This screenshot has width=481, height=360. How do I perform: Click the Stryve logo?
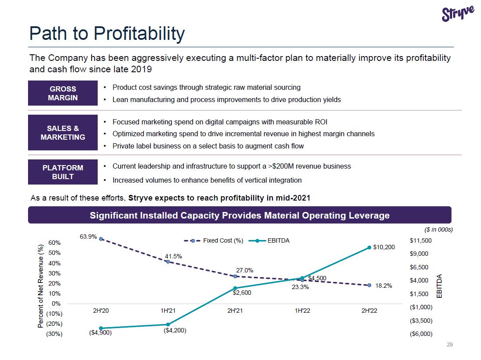click(x=458, y=14)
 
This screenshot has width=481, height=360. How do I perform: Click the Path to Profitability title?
click(x=107, y=34)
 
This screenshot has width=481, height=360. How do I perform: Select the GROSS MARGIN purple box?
click(x=63, y=93)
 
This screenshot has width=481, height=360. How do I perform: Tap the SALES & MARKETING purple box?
click(x=63, y=133)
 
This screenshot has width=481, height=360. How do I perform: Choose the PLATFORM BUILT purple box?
click(x=63, y=172)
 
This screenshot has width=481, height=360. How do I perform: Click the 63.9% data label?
click(x=88, y=236)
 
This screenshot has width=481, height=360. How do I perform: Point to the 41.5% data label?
click(x=173, y=256)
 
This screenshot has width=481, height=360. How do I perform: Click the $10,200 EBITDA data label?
click(x=384, y=247)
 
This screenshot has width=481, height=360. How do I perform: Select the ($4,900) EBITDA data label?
click(x=100, y=333)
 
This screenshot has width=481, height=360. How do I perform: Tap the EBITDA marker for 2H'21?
click(x=235, y=288)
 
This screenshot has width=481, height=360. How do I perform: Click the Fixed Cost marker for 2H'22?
click(x=369, y=285)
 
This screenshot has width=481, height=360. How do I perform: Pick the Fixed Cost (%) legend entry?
click(x=213, y=241)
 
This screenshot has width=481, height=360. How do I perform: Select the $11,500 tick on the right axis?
click(x=421, y=240)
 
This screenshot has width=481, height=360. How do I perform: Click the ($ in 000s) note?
click(x=439, y=229)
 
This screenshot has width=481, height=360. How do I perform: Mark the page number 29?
click(x=449, y=345)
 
